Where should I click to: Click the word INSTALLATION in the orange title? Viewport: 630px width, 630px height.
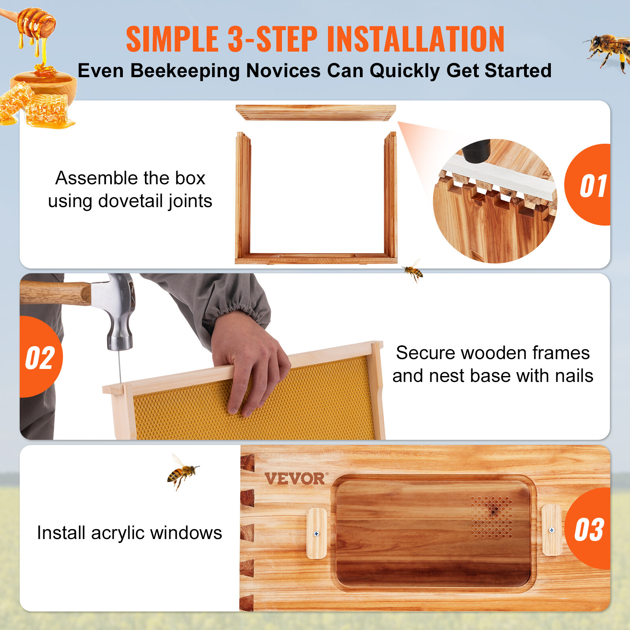click(x=415, y=39)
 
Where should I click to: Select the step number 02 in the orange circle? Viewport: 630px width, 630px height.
click(x=40, y=358)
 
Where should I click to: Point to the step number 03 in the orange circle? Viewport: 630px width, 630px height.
click(x=589, y=530)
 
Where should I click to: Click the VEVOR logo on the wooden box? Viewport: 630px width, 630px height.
click(x=295, y=479)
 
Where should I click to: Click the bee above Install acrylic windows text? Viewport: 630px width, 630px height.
click(x=182, y=471)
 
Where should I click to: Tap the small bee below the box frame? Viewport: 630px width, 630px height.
click(x=413, y=271)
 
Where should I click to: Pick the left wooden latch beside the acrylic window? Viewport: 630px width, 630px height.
click(x=317, y=533)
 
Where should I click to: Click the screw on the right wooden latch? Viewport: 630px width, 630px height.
click(x=552, y=530)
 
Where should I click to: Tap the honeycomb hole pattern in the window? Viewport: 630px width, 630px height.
click(x=492, y=517)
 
